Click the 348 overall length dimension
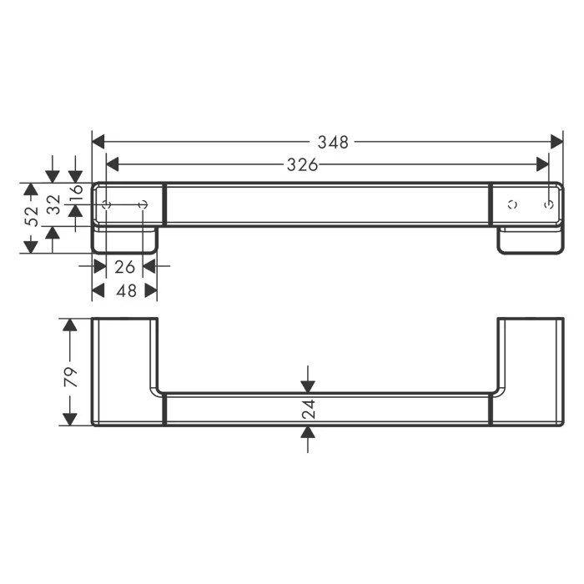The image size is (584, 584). click(333, 143)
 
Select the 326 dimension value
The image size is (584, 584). click(302, 164)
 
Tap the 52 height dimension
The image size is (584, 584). click(32, 215)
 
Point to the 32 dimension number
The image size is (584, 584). click(54, 204)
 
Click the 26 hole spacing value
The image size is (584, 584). click(124, 267)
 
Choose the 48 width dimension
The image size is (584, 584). click(126, 290)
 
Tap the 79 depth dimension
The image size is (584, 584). click(70, 376)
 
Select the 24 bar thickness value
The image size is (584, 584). click(309, 409)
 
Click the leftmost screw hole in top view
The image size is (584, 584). click(107, 205)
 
